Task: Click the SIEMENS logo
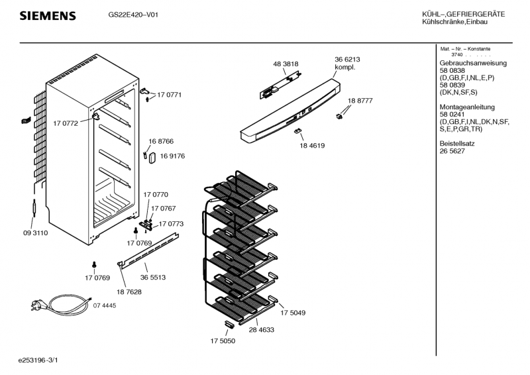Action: (x=47, y=16)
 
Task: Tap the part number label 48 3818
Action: (x=286, y=64)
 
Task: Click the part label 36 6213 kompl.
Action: (x=347, y=64)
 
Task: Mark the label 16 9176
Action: (x=172, y=156)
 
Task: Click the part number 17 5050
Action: (x=223, y=341)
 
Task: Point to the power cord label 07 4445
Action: (x=105, y=305)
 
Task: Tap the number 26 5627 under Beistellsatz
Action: (x=452, y=151)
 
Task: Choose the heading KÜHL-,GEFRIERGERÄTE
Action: (x=463, y=15)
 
